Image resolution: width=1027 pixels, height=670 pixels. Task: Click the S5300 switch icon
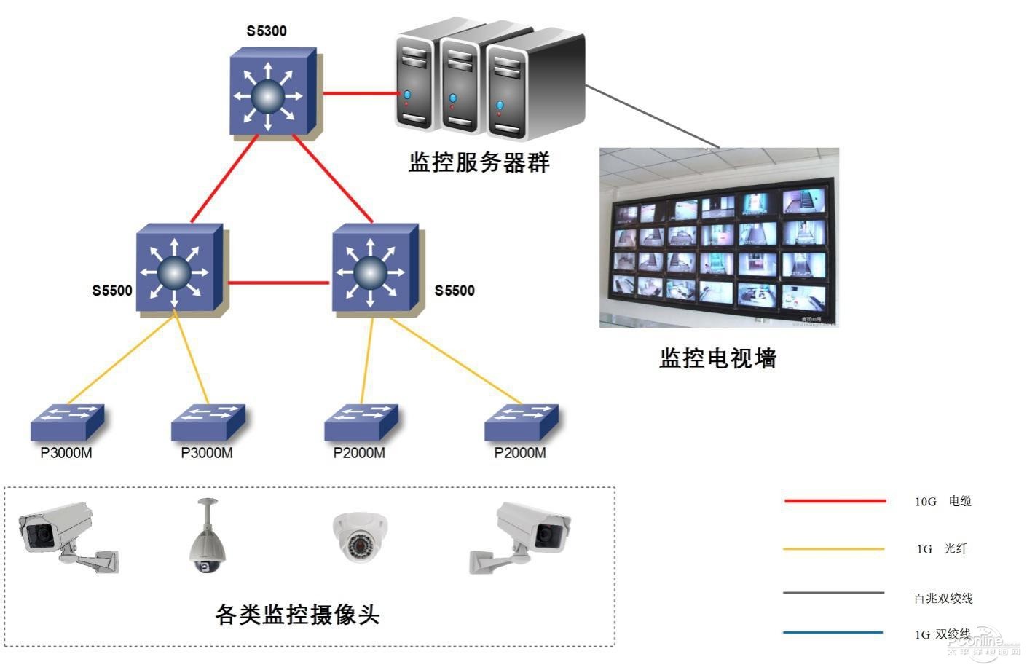[x=271, y=93]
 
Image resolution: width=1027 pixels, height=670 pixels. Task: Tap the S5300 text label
[x=267, y=31]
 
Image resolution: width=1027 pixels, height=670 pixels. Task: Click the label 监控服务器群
[x=479, y=162]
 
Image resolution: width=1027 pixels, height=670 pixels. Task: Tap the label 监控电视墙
[x=717, y=358]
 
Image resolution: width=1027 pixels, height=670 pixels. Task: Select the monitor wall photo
[x=719, y=237]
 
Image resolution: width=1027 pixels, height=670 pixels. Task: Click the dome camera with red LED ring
[x=360, y=537]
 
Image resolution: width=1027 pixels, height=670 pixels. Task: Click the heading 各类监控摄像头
[x=297, y=615]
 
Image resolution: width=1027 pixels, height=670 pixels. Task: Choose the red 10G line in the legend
[x=835, y=501]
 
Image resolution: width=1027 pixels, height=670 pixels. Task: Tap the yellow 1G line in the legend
[x=834, y=548]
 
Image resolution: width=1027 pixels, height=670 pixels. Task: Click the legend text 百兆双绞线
[x=943, y=599]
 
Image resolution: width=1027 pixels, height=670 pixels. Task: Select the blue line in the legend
[x=833, y=632]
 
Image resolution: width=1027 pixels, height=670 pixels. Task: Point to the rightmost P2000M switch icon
[x=522, y=422]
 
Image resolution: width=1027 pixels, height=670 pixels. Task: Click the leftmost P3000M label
[x=66, y=453]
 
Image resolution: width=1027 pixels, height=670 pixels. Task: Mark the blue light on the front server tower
[x=500, y=106]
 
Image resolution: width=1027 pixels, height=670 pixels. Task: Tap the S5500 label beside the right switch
[x=455, y=291]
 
